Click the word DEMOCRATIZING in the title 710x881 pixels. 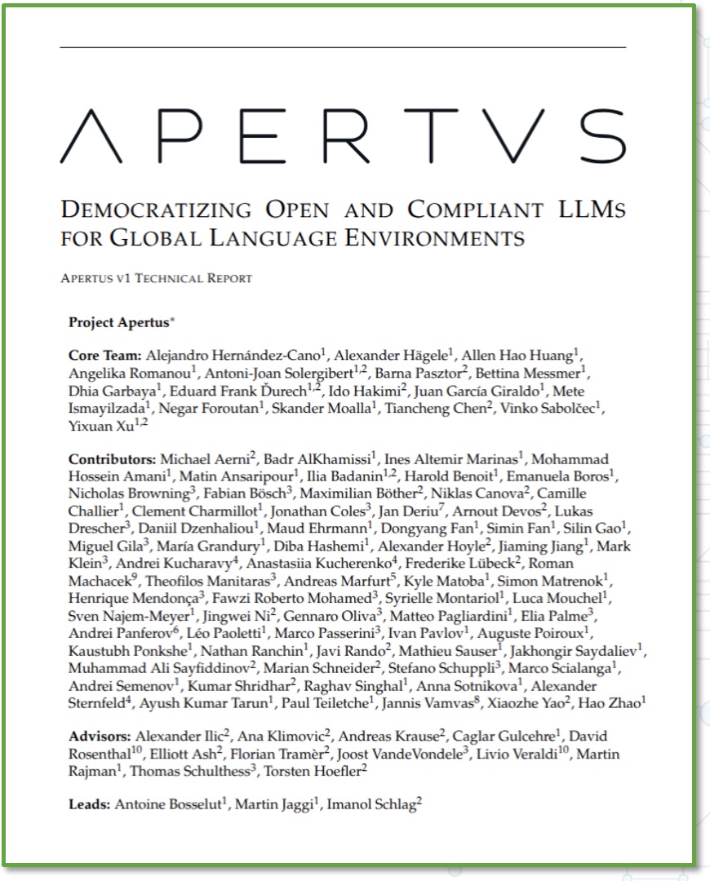coord(156,210)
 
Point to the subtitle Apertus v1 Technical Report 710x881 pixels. coord(156,278)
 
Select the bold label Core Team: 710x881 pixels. coord(105,356)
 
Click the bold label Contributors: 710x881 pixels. coord(113,460)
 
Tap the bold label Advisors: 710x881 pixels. coord(100,737)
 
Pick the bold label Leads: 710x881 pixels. coord(89,804)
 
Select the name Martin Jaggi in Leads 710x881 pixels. coord(277,804)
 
